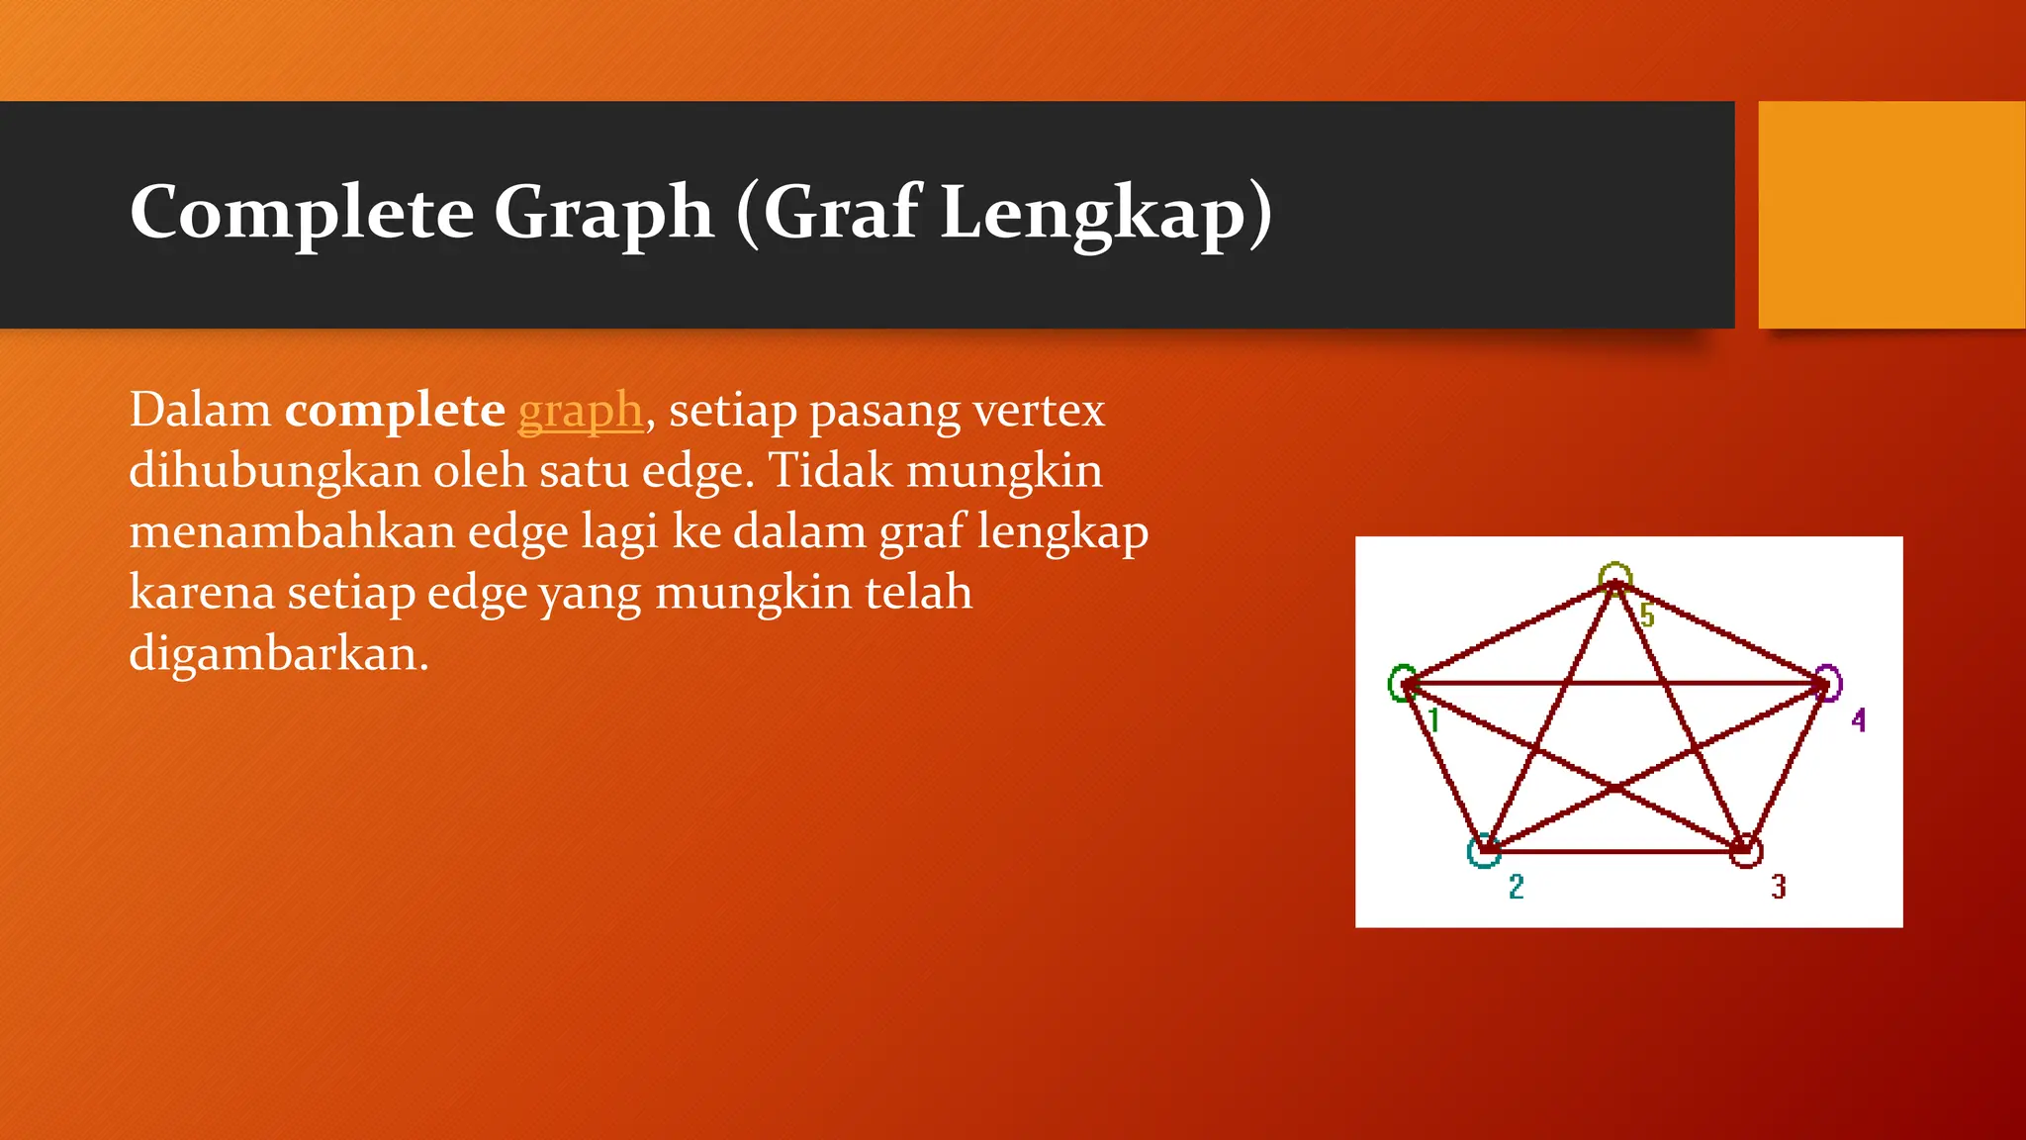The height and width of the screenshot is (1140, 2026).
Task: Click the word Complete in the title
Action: (302, 213)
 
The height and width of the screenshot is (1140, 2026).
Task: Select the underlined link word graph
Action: (581, 410)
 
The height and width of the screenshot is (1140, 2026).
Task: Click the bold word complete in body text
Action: (395, 410)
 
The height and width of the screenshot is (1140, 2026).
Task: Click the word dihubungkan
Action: (274, 471)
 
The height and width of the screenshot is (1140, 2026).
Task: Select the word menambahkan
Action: (293, 532)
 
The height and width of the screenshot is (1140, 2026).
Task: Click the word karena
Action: (202, 593)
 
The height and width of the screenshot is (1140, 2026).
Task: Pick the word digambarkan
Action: (278, 654)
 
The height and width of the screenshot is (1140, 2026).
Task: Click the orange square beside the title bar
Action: (1891, 215)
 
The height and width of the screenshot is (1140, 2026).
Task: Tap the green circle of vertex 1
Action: (1401, 683)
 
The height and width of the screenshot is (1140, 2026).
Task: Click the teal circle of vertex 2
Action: (1483, 852)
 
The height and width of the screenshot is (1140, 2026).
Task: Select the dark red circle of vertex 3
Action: (1747, 851)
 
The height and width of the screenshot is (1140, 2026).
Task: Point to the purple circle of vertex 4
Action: (1828, 683)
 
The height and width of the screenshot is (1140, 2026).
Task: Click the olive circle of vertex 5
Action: (1614, 577)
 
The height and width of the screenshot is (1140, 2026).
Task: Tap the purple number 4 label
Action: (1859, 719)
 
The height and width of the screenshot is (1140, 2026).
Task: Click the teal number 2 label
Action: (1516, 887)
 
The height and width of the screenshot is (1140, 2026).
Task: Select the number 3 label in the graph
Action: (1778, 887)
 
